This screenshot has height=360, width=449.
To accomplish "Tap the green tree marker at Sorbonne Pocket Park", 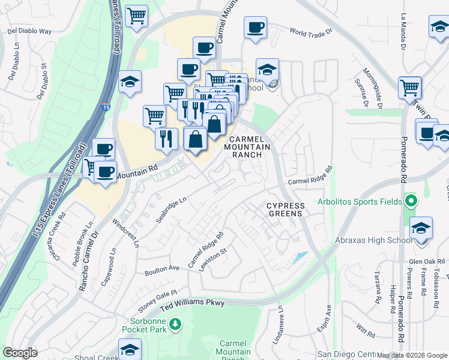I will coord(175,325).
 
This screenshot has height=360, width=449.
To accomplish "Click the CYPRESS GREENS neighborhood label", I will coord(286,209).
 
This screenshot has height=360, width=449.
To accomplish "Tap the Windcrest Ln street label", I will coord(125,233).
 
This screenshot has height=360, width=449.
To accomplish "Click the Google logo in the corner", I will coord(20,353).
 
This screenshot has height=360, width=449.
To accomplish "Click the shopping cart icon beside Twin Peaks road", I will coord(410,88).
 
